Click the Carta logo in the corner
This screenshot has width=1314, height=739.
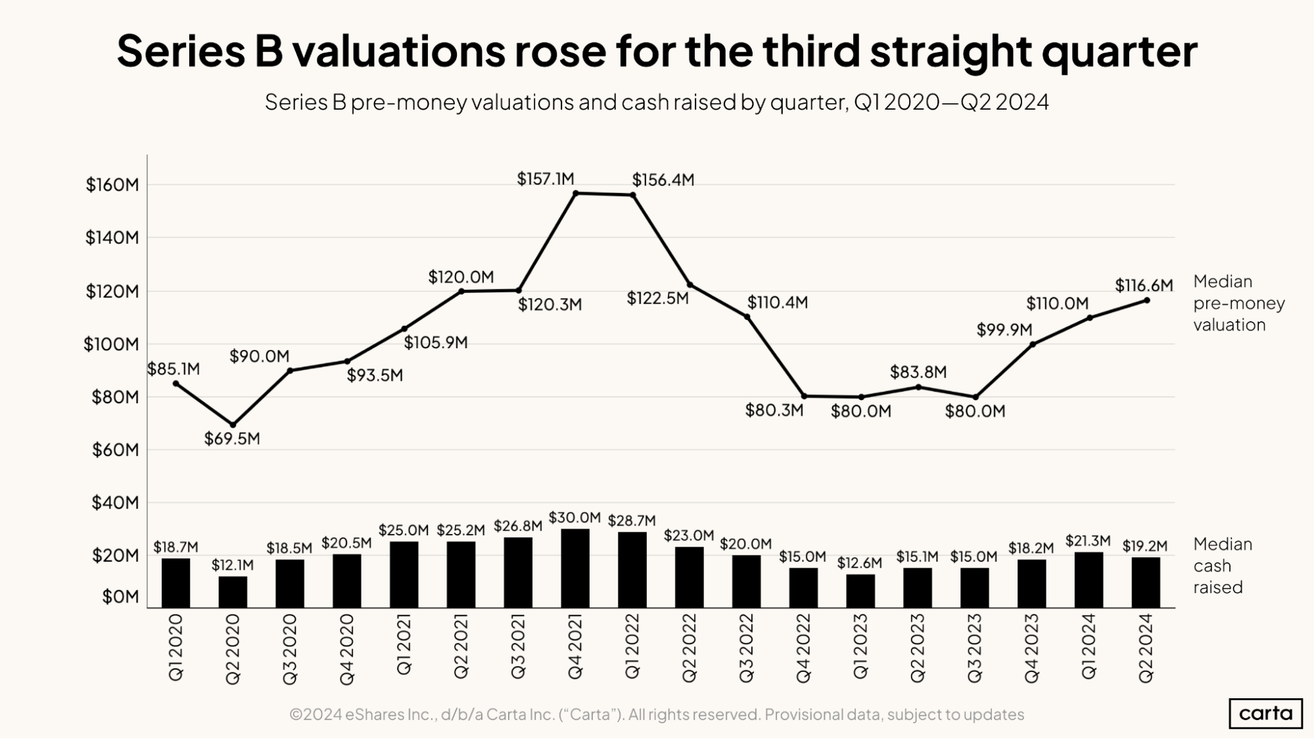[1265, 713]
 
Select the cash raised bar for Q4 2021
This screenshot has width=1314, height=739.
[575, 568]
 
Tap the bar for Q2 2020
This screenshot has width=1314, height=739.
[233, 592]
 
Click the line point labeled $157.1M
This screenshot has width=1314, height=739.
[576, 193]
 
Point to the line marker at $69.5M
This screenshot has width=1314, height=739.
[233, 425]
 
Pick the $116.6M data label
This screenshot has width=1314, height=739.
[1144, 286]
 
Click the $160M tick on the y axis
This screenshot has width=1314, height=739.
[112, 185]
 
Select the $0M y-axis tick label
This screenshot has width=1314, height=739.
[120, 596]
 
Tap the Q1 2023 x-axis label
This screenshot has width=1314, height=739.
[860, 646]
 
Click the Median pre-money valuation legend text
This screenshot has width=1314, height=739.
[1238, 303]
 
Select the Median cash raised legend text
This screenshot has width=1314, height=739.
[1222, 566]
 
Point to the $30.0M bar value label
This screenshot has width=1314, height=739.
[575, 518]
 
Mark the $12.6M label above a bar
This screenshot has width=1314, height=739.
[859, 563]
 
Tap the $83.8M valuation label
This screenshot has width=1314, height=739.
[918, 372]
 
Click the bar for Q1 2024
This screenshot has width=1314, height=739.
[1089, 579]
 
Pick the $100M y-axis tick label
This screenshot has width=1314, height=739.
[111, 344]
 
